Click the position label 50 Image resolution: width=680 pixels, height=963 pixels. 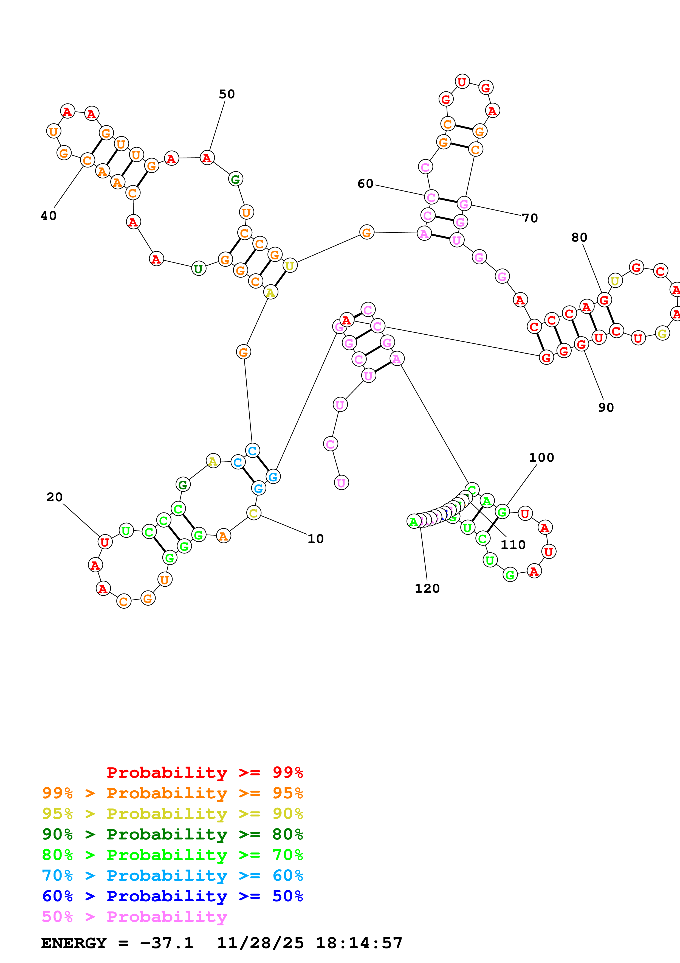point(227,94)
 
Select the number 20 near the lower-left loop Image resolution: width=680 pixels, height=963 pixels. point(55,497)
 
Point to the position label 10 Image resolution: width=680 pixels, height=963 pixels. point(315,539)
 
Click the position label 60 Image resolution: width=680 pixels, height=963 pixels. point(365,183)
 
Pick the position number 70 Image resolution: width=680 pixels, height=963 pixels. point(530,218)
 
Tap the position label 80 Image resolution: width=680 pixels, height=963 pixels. point(579,237)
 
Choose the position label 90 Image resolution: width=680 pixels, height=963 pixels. point(606,407)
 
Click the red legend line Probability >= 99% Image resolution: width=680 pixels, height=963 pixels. point(204,772)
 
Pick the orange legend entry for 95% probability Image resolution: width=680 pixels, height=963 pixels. point(173,793)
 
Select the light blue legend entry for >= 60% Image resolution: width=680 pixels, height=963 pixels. point(173,875)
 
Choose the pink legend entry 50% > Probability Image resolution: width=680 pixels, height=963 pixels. point(134,916)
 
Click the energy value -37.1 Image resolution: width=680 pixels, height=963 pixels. point(167,943)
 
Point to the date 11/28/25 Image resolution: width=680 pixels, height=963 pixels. point(260,943)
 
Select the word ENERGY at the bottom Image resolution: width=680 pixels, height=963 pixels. point(74,943)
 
